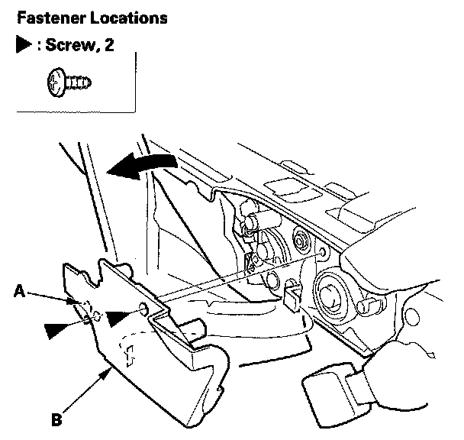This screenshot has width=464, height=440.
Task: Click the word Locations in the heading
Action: tap(129, 18)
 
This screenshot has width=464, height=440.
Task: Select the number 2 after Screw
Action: tap(109, 45)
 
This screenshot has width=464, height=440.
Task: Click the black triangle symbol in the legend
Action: tap(24, 44)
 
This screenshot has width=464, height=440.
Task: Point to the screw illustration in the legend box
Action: tap(69, 82)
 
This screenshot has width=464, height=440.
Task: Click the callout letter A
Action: tap(20, 291)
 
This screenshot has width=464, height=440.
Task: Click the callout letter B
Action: tap(56, 419)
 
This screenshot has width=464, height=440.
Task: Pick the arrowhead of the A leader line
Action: tap(72, 301)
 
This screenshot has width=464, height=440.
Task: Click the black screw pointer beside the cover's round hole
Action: tap(120, 318)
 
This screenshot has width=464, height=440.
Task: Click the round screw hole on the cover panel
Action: tap(143, 308)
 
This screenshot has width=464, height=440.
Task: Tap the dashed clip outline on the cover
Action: tap(129, 354)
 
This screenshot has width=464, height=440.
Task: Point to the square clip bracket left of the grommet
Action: tap(292, 296)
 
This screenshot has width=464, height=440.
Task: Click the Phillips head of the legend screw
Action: tap(56, 82)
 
